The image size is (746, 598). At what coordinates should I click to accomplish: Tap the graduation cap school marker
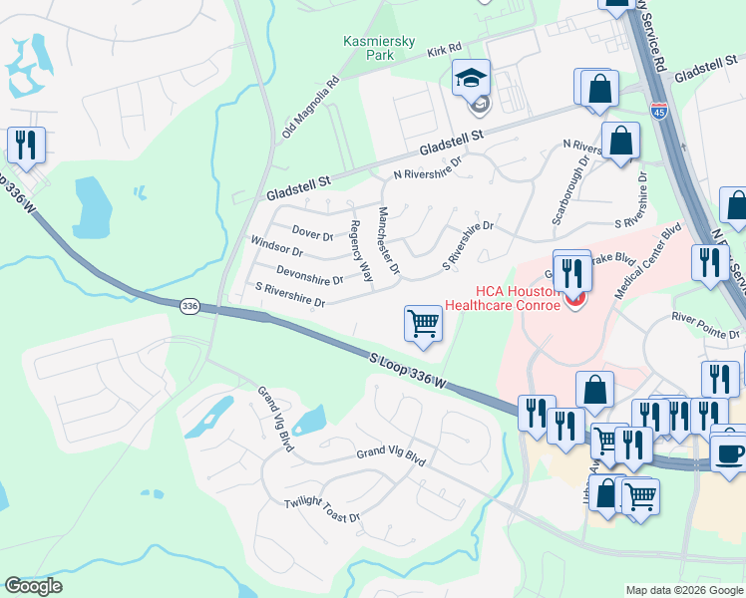click(471, 78)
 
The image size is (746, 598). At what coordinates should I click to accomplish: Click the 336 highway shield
click(188, 307)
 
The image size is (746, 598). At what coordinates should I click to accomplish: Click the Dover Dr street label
click(312, 234)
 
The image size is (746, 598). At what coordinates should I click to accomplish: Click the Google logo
click(32, 586)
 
